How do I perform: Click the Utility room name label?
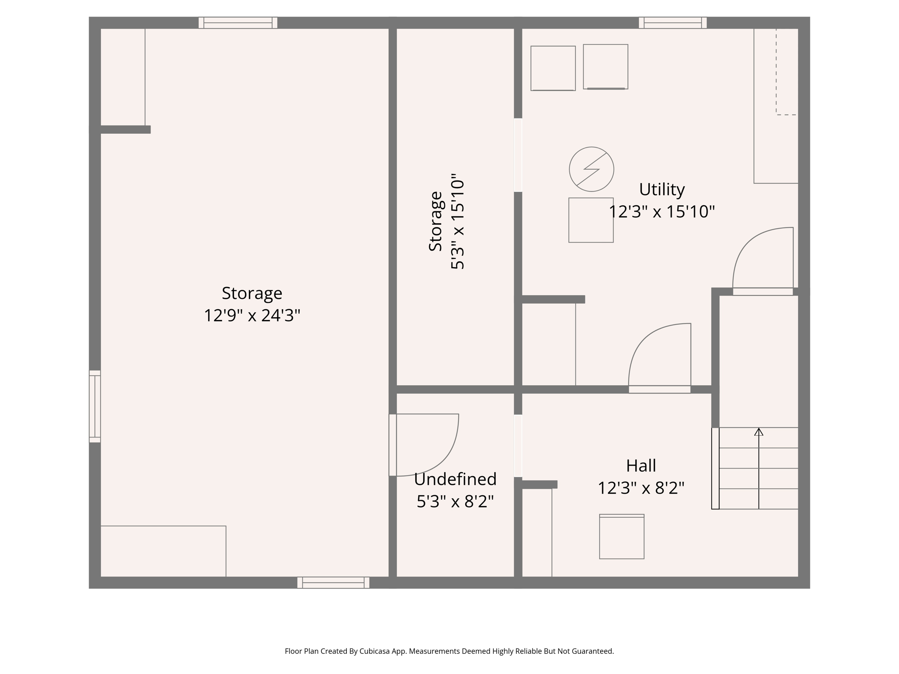pyautogui.click(x=662, y=190)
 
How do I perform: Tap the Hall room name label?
pyautogui.click(x=641, y=466)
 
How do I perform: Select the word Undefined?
pyautogui.click(x=455, y=479)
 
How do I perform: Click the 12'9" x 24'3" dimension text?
pyautogui.click(x=252, y=315)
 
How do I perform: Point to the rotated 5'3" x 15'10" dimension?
pyautogui.click(x=457, y=222)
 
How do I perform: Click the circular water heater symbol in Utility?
pyautogui.click(x=591, y=169)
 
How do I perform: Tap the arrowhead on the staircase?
pyautogui.click(x=759, y=432)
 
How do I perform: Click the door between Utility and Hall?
pyautogui.click(x=659, y=389)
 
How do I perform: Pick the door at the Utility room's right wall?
pyautogui.click(x=763, y=291)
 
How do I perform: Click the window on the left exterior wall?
pyautogui.click(x=95, y=406)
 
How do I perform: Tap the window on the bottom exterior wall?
pyautogui.click(x=333, y=582)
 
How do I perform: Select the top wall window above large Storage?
pyautogui.click(x=238, y=23)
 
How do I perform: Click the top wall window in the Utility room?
pyautogui.click(x=672, y=23)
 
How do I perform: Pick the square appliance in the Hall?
pyautogui.click(x=622, y=537)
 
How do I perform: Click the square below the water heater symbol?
pyautogui.click(x=591, y=220)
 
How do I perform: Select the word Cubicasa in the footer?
pyautogui.click(x=376, y=651)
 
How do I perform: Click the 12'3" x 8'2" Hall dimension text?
pyautogui.click(x=641, y=488)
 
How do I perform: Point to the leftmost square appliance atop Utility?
pyautogui.click(x=553, y=68)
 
